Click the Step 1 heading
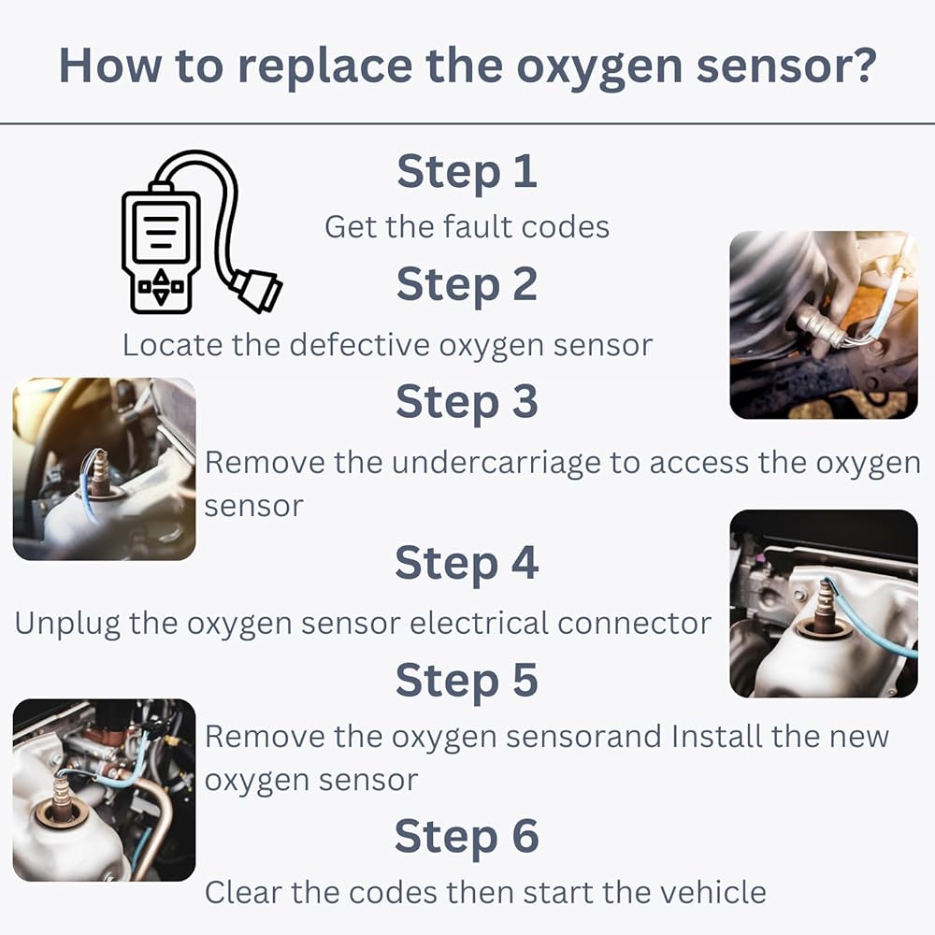coord(467,172)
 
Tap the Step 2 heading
coord(467,285)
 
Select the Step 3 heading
coord(467,402)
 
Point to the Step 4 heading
coord(467,563)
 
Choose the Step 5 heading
coord(467,681)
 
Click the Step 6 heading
coord(467,837)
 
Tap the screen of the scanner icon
coord(161,230)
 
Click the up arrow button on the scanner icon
coord(161,276)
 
